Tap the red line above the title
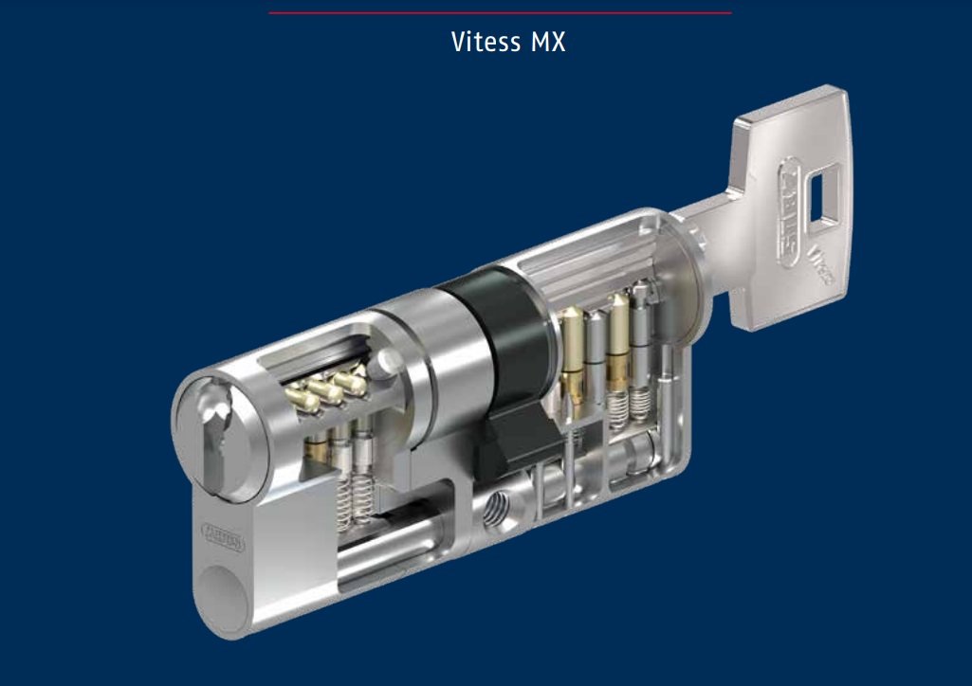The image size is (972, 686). click(500, 12)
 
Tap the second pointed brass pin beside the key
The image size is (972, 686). click(619, 341)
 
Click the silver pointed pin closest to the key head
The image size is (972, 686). click(644, 322)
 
